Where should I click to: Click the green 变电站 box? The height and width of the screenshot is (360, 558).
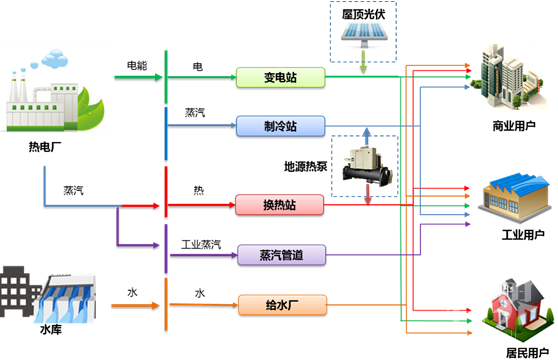click(x=280, y=76)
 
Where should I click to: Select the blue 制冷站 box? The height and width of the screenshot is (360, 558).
click(x=280, y=126)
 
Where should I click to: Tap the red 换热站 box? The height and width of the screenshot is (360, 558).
click(x=280, y=205)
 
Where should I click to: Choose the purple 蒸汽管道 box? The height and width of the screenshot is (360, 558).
click(x=280, y=254)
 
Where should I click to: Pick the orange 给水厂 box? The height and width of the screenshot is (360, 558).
click(x=280, y=303)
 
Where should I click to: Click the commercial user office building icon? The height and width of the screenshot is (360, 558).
click(x=509, y=75)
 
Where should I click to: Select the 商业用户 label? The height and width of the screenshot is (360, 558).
click(x=514, y=127)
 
